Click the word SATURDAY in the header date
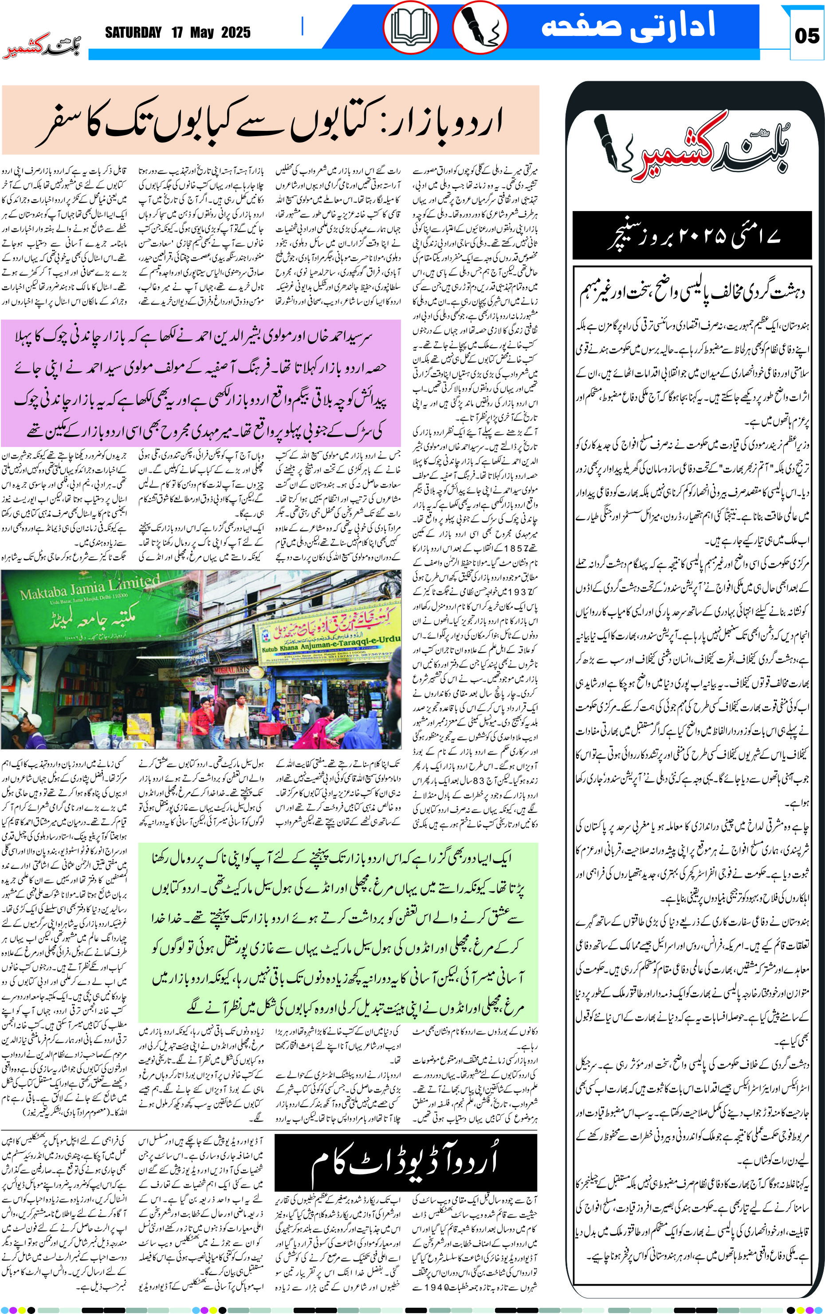[x=133, y=33]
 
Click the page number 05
[x=806, y=36]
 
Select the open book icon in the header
[x=410, y=27]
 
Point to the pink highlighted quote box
[x=201, y=383]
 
